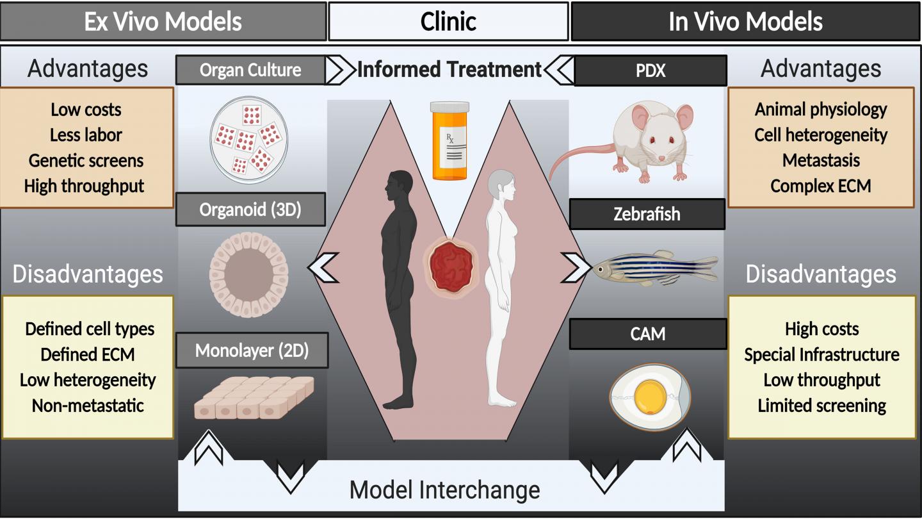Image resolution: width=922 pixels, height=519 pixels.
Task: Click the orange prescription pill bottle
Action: point(449,140)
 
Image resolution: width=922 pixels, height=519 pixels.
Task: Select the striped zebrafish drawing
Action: point(653,268)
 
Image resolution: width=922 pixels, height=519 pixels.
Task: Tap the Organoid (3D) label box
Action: point(250,210)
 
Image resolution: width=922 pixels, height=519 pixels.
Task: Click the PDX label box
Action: point(651,70)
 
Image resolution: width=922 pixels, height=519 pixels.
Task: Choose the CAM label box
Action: point(648,334)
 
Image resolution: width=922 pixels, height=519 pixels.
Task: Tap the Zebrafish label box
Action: point(647,214)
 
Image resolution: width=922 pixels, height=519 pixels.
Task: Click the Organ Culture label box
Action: point(250,70)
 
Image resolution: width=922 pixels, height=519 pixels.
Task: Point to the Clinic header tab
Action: point(448,22)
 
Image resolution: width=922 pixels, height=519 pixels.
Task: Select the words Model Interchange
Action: point(444,490)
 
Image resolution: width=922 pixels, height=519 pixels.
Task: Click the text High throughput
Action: point(85,186)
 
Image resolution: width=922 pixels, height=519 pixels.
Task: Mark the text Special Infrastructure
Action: point(821,354)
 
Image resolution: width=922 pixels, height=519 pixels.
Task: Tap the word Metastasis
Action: point(821,160)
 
